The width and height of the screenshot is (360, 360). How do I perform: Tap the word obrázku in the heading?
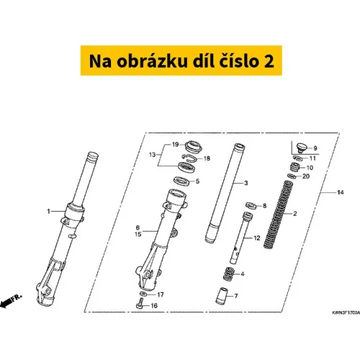tap(152, 60)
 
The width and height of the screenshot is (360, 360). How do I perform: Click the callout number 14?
tap(341, 192)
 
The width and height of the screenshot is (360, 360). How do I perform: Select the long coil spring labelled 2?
tap(278, 215)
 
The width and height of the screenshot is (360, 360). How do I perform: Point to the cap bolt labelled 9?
tap(302, 148)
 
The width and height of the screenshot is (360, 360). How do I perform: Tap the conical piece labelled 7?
tap(221, 296)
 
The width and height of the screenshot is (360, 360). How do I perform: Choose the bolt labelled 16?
tap(140, 303)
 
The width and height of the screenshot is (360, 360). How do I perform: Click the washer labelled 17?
tap(143, 294)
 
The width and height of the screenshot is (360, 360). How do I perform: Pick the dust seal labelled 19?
tap(194, 147)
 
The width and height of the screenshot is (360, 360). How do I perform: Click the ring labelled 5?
tap(183, 181)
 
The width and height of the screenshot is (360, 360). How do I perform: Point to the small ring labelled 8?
tap(251, 205)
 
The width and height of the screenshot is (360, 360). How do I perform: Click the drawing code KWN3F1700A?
tap(346, 313)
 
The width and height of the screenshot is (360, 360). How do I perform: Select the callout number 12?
tap(257, 238)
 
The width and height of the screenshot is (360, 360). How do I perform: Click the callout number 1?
tap(49, 212)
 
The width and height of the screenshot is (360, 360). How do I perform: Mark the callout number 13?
tap(152, 155)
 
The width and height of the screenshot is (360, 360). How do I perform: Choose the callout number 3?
tap(246, 183)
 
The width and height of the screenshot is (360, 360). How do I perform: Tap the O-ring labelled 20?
tap(292, 176)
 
